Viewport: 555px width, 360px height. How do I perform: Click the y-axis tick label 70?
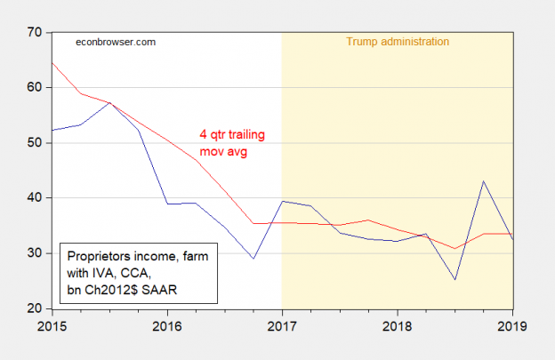coord(36,33)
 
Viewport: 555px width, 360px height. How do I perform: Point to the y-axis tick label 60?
coord(36,87)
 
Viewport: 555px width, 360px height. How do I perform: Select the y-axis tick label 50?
coord(36,142)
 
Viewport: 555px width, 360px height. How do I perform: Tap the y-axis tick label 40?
coord(36,197)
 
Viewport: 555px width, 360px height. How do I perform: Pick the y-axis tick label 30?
coord(36,253)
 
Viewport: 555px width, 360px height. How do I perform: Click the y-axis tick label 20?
coord(36,308)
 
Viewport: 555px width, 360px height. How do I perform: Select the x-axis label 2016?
coord(166,325)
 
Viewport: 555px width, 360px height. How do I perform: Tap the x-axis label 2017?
coord(282,325)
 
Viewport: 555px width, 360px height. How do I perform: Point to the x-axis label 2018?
coord(397,325)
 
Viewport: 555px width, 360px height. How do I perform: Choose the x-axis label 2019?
coord(511,325)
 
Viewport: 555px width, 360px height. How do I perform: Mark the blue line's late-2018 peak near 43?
coord(483,181)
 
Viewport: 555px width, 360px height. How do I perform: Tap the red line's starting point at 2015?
coord(52,62)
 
